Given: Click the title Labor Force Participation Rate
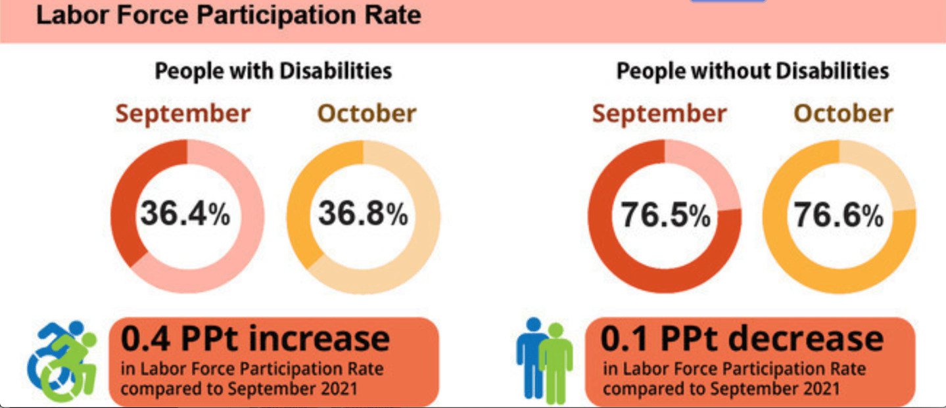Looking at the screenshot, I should click(228, 14).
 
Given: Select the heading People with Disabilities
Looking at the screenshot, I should click(273, 71).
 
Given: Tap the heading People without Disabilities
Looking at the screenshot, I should click(752, 71).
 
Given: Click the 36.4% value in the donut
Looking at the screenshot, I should click(185, 215).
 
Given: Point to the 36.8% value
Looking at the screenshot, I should click(363, 215).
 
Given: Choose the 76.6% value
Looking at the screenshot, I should click(839, 215).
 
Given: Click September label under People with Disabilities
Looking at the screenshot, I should click(183, 114).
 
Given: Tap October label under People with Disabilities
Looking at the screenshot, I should click(367, 114).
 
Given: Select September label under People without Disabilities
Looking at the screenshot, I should click(659, 114).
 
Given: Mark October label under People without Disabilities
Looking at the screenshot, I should click(843, 114).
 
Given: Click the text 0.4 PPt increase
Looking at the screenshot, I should click(255, 339).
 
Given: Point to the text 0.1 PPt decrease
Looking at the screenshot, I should click(742, 339).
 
